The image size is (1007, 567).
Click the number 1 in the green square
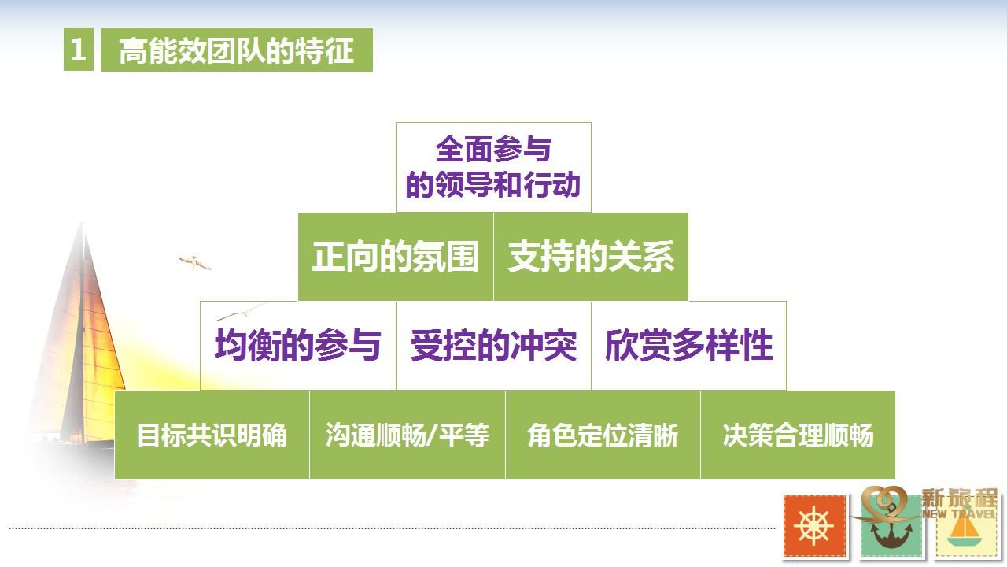click(78, 49)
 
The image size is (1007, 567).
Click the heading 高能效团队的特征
click(237, 50)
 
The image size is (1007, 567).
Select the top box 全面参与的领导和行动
click(493, 167)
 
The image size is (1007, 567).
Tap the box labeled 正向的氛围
click(396, 257)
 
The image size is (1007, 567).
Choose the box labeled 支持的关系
click(591, 257)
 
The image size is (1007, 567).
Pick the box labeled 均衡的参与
click(298, 346)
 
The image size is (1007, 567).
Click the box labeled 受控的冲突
click(493, 346)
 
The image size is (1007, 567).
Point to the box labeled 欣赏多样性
click(688, 346)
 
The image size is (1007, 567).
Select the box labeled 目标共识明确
click(212, 435)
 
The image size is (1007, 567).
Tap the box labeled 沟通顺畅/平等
click(408, 435)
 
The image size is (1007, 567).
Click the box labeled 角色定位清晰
click(603, 435)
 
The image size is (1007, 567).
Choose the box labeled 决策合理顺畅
click(798, 435)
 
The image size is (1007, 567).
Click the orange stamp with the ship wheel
click(814, 526)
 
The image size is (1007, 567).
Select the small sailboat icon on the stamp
click(965, 531)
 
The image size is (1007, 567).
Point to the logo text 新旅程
click(959, 498)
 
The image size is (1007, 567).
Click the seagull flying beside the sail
click(194, 262)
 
